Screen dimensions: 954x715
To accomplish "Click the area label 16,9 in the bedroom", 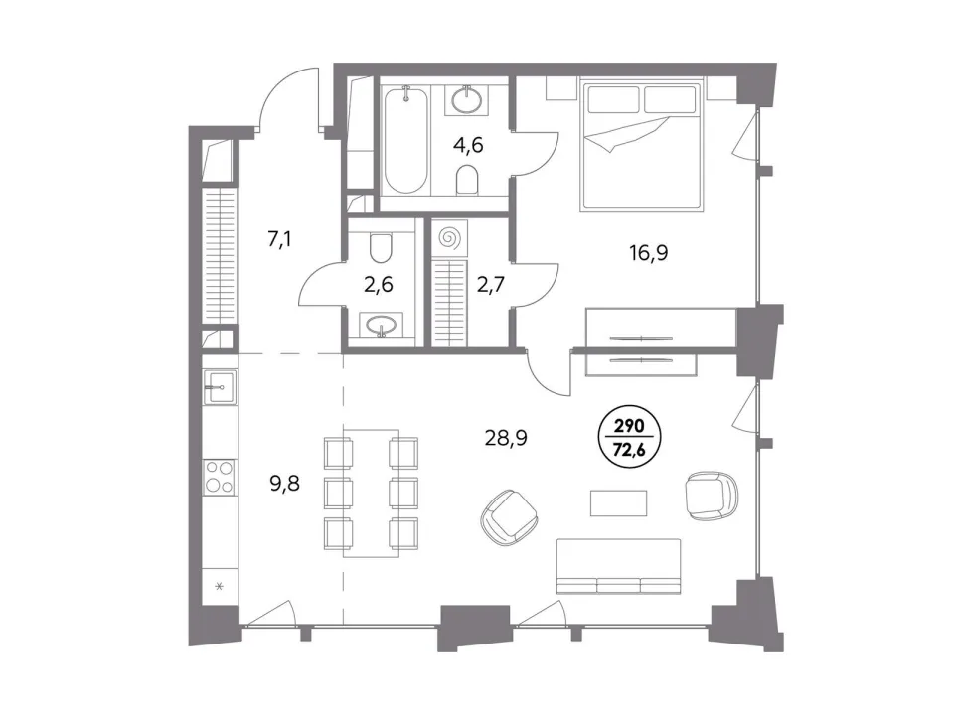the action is point(649,252).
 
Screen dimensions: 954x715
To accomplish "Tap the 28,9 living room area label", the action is point(506,437).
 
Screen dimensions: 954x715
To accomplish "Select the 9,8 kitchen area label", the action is point(285,484).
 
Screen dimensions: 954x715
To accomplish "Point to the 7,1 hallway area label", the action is point(279,239).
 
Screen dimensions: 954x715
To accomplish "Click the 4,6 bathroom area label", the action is point(469,145).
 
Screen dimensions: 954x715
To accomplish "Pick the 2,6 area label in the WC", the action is point(379,285).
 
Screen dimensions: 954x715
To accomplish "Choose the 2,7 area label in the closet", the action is point(490,284).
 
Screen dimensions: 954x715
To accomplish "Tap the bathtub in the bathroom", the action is point(405,140).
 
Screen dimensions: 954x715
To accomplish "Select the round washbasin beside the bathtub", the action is point(468,98).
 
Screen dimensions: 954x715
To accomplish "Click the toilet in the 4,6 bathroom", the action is point(467,180).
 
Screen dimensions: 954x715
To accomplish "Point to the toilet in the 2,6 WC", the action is point(382,248).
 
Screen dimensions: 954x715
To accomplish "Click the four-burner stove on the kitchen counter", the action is point(220,477).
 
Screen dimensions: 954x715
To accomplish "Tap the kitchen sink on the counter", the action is point(220,386).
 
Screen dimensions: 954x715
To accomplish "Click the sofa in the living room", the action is point(618,566).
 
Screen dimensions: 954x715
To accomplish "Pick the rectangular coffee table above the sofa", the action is point(619,502).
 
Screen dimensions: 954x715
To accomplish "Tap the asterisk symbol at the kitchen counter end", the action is point(220,587).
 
